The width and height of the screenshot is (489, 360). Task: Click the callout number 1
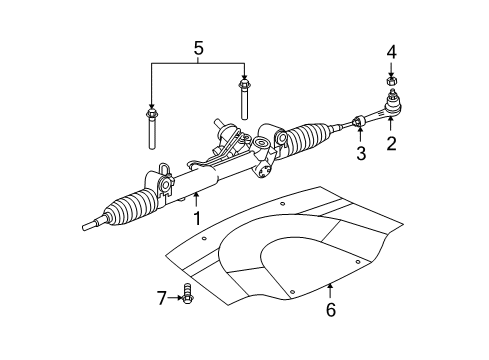(197, 217)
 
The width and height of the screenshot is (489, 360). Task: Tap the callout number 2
(391, 144)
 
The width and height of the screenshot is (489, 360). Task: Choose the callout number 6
(331, 310)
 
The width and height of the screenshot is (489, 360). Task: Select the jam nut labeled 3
(357, 124)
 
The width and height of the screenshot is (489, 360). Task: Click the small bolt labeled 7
(186, 296)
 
